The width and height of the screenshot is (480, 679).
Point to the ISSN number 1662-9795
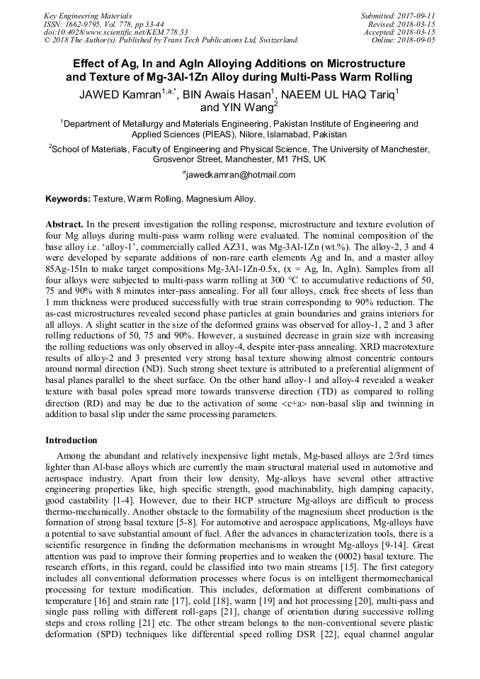click(x=80, y=23)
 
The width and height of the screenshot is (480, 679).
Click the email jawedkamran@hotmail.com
click(x=240, y=174)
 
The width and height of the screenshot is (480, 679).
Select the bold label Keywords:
click(x=69, y=200)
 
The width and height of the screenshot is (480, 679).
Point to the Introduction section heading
click(x=72, y=440)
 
